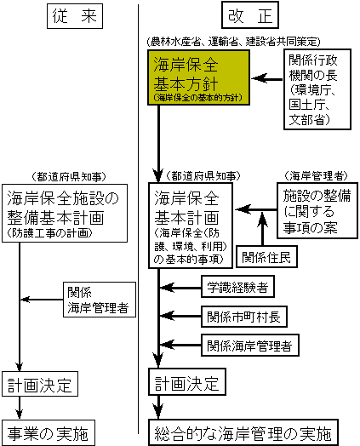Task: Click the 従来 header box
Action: pos(75,16)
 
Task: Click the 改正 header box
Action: pos(250,15)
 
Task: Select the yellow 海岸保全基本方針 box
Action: pos(198,77)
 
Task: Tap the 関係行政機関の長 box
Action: pos(317,89)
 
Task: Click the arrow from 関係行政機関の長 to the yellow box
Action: pos(267,78)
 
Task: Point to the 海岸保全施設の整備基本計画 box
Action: pos(65,213)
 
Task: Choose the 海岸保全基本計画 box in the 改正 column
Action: pos(191,226)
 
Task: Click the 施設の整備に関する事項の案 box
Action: pos(317,210)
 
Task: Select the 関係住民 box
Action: pos(266,257)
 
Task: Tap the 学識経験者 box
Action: pos(237,287)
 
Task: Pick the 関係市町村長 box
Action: pos(244,317)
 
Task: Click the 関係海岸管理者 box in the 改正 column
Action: pos(250,346)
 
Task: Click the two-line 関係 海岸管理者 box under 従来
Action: pos(100,300)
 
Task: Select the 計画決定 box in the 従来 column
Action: pos(40,384)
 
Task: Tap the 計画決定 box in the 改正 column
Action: pos(187,381)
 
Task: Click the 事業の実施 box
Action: pos(48,432)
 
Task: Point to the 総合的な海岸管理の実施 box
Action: pos(243,432)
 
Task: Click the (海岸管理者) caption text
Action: pos(316,176)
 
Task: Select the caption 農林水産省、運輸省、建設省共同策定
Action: pos(234,42)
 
